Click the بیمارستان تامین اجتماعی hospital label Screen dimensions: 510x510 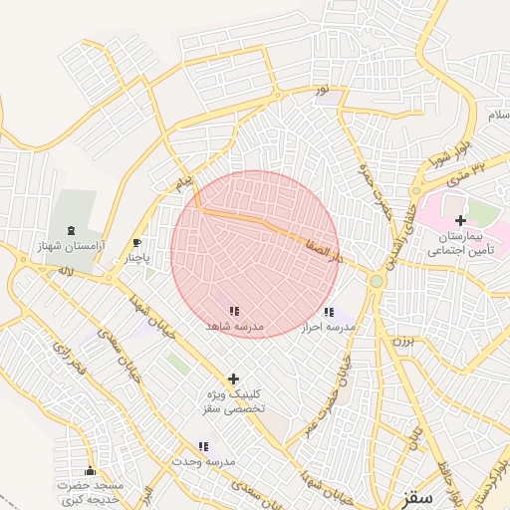click(x=460, y=245)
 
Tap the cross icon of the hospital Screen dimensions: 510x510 click(x=460, y=219)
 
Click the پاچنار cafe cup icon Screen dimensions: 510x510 click(x=137, y=243)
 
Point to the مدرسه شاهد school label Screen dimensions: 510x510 click(x=234, y=326)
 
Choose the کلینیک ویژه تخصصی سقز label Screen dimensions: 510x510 click(x=234, y=402)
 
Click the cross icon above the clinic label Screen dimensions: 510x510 click(x=234, y=379)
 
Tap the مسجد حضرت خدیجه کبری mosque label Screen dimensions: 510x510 click(x=90, y=492)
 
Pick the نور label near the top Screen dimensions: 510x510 click(x=322, y=93)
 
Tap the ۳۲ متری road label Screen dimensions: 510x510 click(x=463, y=173)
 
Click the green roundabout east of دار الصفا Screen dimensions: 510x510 click(x=377, y=282)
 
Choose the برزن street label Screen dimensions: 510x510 click(x=400, y=341)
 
